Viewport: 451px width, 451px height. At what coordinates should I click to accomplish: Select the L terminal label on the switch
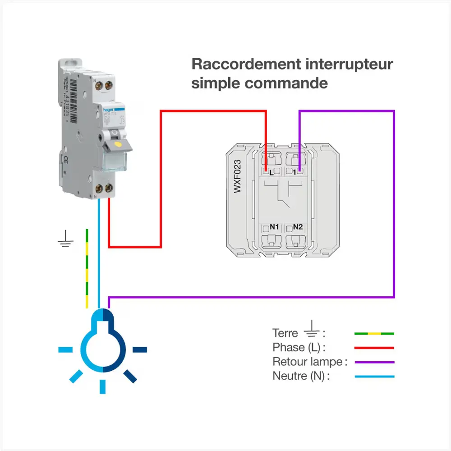tap(271, 172)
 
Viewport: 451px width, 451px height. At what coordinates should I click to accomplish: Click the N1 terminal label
tap(274, 227)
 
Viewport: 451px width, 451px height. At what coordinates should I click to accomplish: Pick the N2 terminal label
tap(298, 227)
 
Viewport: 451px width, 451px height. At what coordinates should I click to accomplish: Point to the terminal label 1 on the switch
tap(294, 172)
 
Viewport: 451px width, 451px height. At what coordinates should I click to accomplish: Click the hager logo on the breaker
tap(106, 110)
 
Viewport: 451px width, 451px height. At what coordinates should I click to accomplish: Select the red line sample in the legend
tap(374, 348)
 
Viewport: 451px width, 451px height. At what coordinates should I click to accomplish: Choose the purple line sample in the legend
tap(374, 362)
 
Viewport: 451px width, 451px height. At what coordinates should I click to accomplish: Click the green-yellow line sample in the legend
tap(374, 334)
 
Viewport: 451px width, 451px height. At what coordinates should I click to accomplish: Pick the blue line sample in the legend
tap(374, 377)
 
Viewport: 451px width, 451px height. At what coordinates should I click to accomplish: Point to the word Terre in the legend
tap(285, 333)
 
